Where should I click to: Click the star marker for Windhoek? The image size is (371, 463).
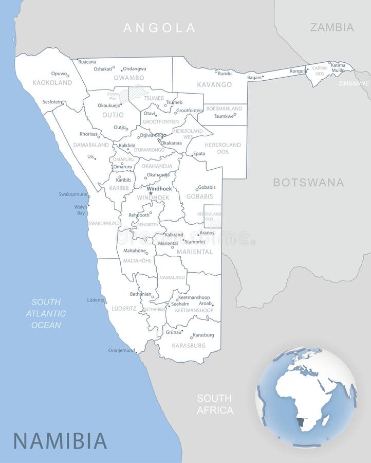point(151,193)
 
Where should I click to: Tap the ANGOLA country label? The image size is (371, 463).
point(159,28)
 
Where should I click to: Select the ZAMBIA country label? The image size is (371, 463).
point(332,27)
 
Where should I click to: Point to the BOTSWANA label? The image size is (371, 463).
point(308,182)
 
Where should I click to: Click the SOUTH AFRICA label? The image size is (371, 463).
point(214,404)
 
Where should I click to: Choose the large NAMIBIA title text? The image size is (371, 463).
point(60,441)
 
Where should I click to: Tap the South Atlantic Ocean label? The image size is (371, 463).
point(46,313)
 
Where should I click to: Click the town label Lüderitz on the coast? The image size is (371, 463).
point(96,299)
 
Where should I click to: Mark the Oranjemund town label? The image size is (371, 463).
point(121,350)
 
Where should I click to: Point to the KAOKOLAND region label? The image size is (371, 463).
point(52,82)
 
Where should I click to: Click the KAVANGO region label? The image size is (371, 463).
point(214,84)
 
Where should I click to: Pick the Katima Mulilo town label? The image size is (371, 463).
point(338,68)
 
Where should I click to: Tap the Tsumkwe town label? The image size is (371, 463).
point(224,116)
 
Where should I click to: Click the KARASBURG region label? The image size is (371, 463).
point(189,346)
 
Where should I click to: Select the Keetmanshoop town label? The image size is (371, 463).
point(194,297)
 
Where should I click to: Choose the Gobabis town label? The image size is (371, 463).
point(207,187)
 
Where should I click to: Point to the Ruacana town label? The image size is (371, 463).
point(87,62)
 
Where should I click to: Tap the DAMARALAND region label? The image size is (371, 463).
point(91,145)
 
